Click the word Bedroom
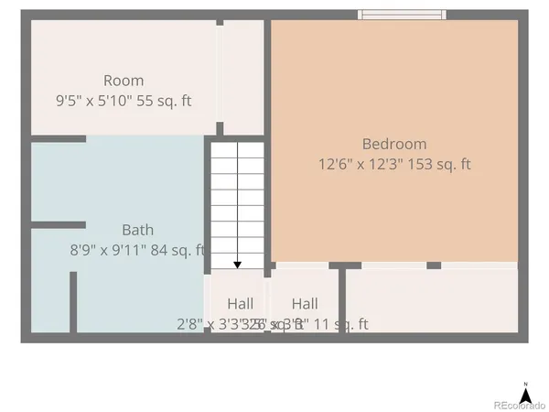click(x=394, y=144)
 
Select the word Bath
click(x=137, y=230)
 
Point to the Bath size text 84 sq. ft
click(x=177, y=250)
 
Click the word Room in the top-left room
click(x=124, y=81)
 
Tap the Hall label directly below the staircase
click(x=241, y=304)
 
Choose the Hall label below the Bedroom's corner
click(x=305, y=304)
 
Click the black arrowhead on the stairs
click(x=237, y=265)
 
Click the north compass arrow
click(x=525, y=395)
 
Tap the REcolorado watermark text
click(x=519, y=406)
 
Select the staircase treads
click(x=237, y=201)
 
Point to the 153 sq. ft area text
click(x=441, y=166)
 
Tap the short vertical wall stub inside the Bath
click(x=73, y=302)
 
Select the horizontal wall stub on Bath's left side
click(x=58, y=224)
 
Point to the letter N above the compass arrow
click(x=525, y=383)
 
